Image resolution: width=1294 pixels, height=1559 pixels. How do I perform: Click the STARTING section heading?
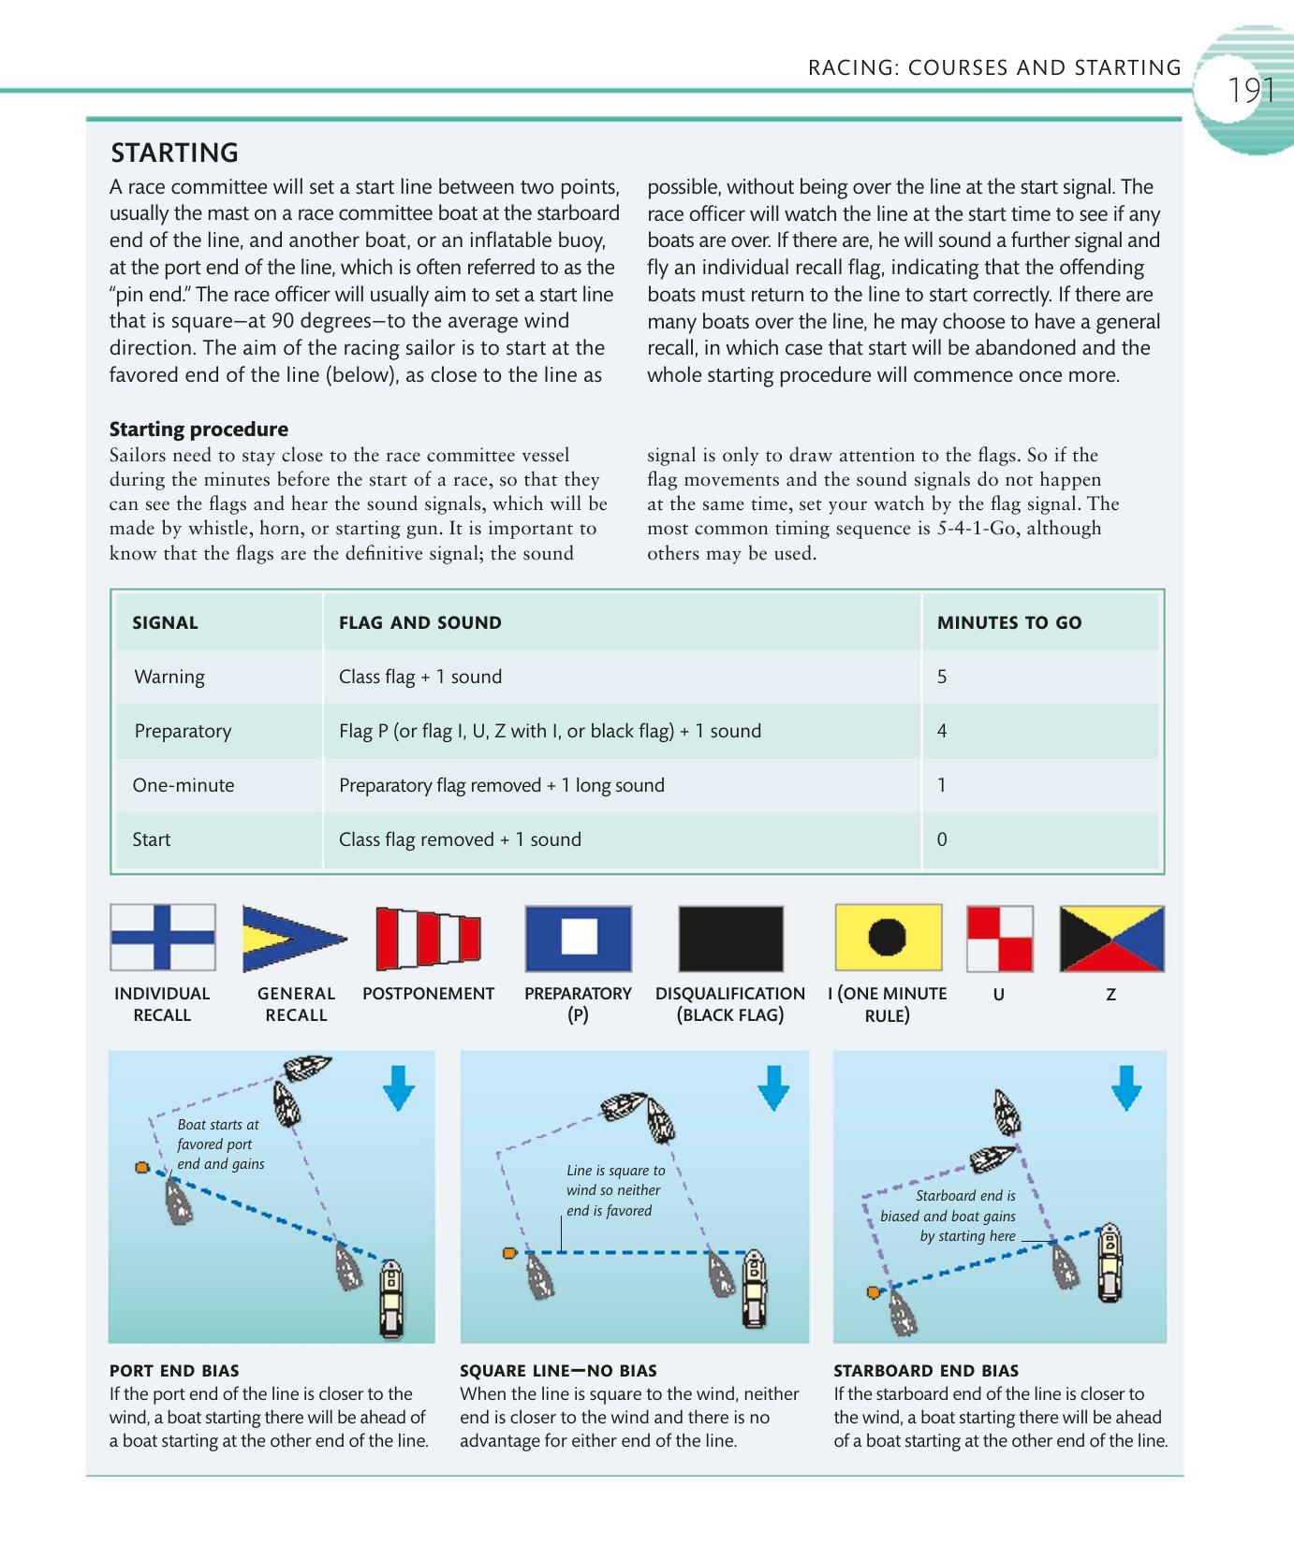coord(175,153)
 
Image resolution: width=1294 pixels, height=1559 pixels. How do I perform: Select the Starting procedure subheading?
coord(199,429)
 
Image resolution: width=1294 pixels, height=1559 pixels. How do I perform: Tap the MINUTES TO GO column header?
coord(1008,622)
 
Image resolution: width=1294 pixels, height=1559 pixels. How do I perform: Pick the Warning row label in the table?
coord(169,677)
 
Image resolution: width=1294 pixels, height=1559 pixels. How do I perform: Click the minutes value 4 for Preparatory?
coord(942,731)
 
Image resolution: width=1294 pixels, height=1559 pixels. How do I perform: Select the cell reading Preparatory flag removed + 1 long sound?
coord(501,785)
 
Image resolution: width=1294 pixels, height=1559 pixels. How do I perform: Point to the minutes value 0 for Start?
coord(942,839)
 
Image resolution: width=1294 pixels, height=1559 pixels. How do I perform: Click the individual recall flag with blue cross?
coord(163,938)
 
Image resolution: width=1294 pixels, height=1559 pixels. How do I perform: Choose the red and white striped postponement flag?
coord(428,938)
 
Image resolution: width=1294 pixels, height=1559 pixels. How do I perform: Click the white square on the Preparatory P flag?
coord(579,938)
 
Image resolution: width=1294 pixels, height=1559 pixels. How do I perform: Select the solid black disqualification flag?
coord(730,939)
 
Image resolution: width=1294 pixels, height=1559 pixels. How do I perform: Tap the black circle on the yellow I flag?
coord(888,937)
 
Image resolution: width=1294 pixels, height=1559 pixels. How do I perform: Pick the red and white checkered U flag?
coord(999,939)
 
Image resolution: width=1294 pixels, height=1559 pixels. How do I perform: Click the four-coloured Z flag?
coord(1111,939)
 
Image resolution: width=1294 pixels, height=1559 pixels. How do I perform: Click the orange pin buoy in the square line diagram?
coord(509,1253)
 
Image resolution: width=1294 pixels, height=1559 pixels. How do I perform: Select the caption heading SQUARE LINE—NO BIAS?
coord(558,1371)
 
